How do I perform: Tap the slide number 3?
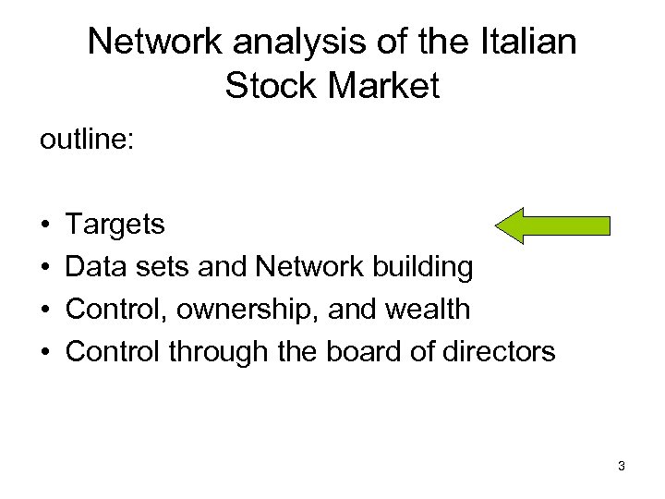[x=622, y=466]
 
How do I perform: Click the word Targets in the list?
[x=117, y=225]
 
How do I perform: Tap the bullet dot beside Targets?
[x=45, y=225]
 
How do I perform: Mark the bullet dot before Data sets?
[x=45, y=268]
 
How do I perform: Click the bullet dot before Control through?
[x=45, y=353]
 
